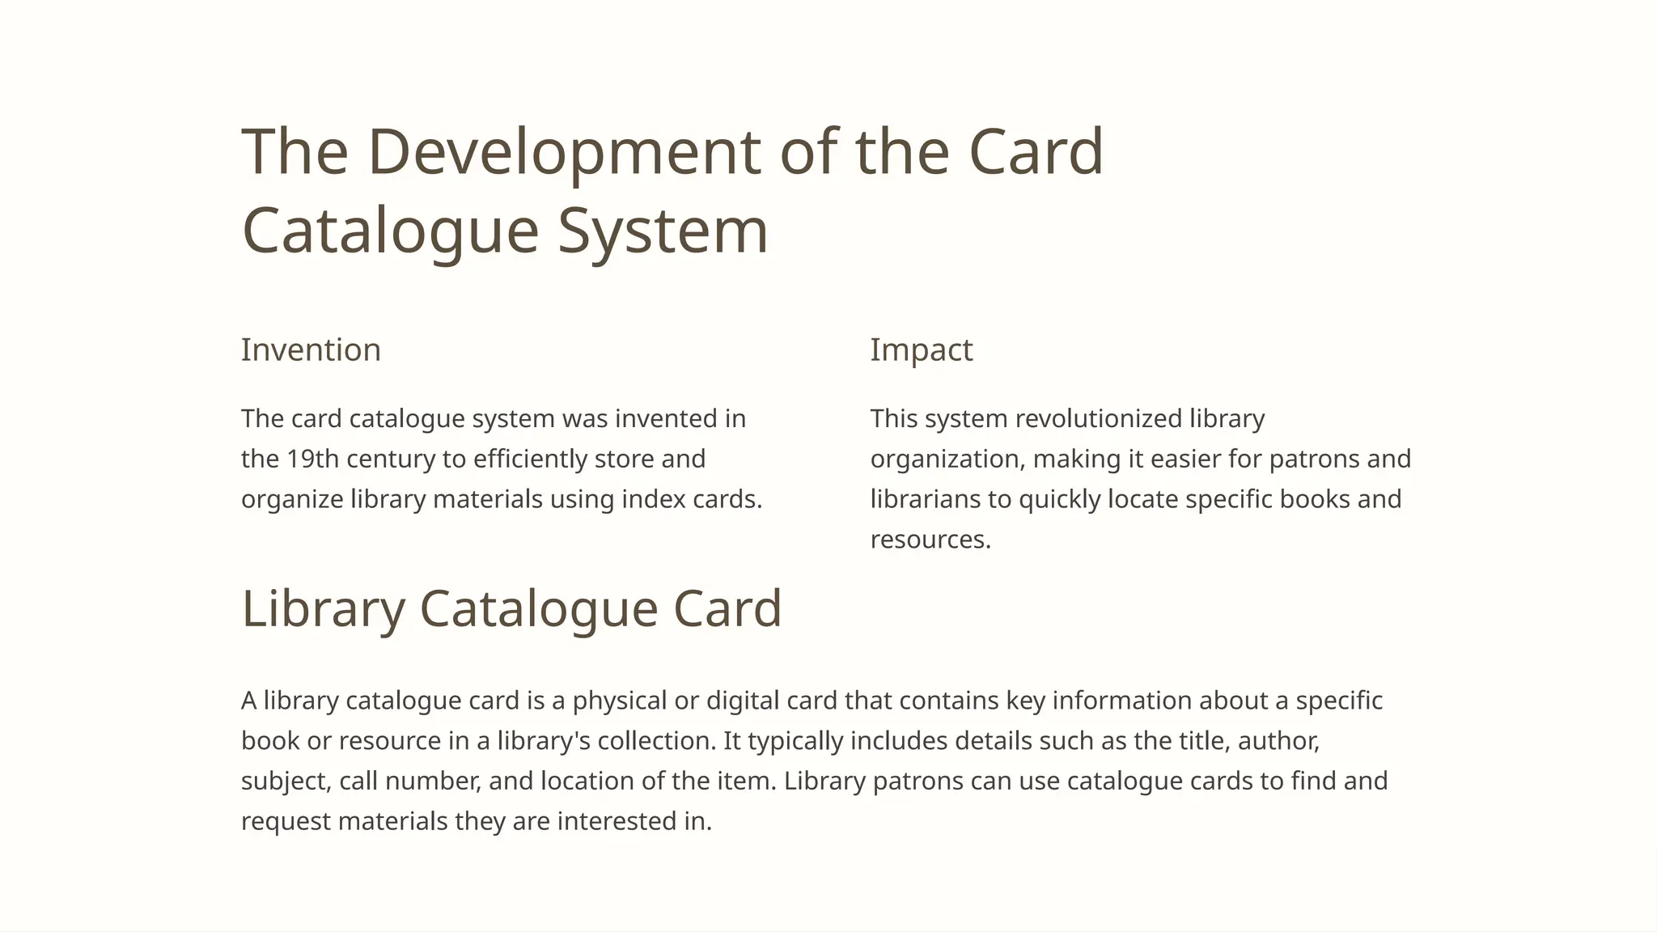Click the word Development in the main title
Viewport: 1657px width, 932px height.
coord(564,151)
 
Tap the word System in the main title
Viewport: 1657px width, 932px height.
coord(663,231)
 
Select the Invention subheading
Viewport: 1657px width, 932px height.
coord(311,350)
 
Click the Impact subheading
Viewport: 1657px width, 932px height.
coord(922,350)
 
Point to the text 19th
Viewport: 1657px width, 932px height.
coord(313,459)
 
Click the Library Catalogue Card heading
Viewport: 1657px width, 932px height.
coord(511,608)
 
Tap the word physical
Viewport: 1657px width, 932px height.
coord(620,701)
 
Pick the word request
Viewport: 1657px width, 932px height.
coord(286,822)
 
